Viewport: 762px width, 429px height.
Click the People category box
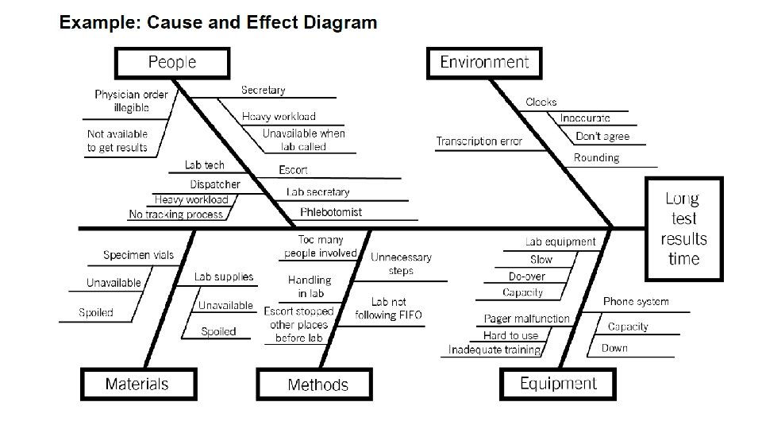172,62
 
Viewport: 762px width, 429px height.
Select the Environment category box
484,62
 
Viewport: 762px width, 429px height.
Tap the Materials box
137,384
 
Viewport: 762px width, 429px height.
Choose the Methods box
317,385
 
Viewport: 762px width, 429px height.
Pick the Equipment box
558,384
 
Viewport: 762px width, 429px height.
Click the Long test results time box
683,229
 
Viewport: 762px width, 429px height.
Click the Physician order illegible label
131,101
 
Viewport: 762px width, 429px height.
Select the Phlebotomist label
331,212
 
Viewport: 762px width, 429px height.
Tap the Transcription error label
479,141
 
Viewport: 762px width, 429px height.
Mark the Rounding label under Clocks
596,158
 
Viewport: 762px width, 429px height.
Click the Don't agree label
602,137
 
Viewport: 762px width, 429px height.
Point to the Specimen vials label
138,255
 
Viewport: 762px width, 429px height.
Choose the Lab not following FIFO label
388,308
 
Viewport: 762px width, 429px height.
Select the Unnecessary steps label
401,264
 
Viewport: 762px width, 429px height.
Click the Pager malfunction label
527,319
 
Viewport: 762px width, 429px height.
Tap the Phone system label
636,302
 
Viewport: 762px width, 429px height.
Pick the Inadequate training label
495,350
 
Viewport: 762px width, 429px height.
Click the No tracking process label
175,214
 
